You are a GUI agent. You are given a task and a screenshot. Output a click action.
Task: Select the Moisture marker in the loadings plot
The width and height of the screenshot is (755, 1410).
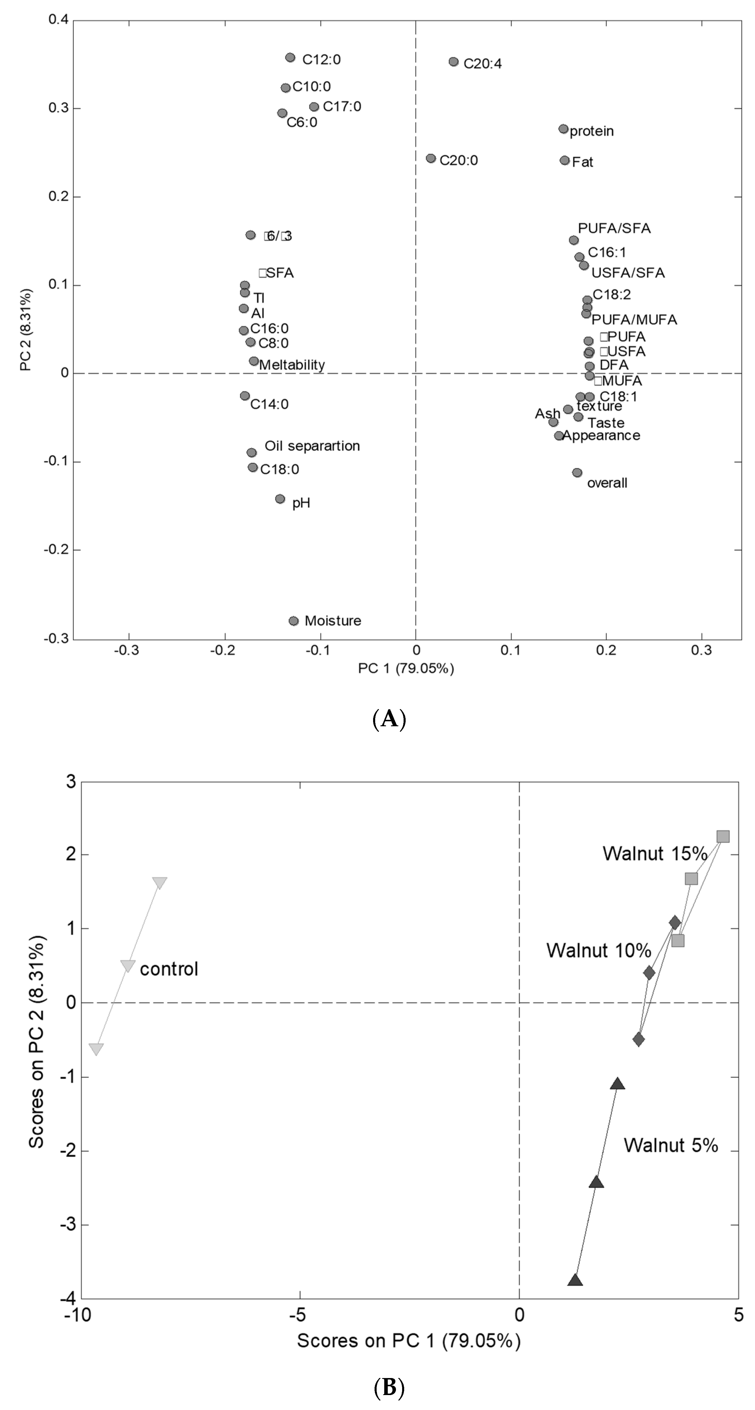(x=294, y=621)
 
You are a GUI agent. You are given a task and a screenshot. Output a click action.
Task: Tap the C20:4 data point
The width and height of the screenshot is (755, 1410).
(x=453, y=62)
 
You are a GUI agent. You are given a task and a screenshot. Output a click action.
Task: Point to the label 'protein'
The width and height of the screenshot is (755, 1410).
(x=591, y=131)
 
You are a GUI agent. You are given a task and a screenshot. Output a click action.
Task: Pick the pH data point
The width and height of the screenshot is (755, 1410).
(x=280, y=499)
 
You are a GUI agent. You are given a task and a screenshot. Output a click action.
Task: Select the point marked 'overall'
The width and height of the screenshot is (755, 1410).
(x=577, y=472)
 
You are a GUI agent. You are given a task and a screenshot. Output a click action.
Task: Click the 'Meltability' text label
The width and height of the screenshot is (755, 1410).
(x=292, y=365)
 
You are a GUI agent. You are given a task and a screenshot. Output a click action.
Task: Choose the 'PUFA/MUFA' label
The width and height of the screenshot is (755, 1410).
(x=634, y=320)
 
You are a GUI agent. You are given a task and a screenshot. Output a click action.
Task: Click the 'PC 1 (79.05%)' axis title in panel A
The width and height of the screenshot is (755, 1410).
(x=406, y=668)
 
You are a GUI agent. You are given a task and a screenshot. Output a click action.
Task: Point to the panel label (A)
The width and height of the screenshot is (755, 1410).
(x=389, y=718)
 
